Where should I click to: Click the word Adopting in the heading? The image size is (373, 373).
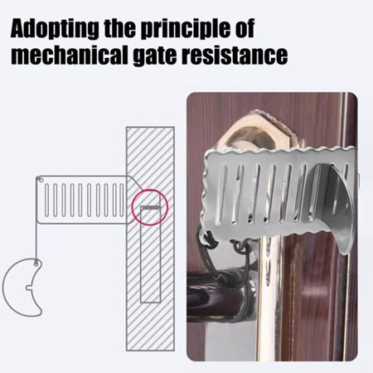(54, 28)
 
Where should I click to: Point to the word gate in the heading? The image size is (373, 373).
(155, 56)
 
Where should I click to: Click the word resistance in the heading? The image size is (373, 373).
(235, 56)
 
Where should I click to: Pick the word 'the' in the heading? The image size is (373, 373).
(119, 28)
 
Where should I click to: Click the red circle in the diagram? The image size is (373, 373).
(132, 207)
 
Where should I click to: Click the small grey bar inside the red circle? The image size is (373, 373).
(150, 207)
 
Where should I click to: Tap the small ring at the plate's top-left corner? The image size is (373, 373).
(41, 180)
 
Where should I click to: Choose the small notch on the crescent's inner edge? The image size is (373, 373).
(30, 288)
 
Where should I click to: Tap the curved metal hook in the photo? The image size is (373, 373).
(337, 210)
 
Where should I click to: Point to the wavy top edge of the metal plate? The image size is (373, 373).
(279, 153)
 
